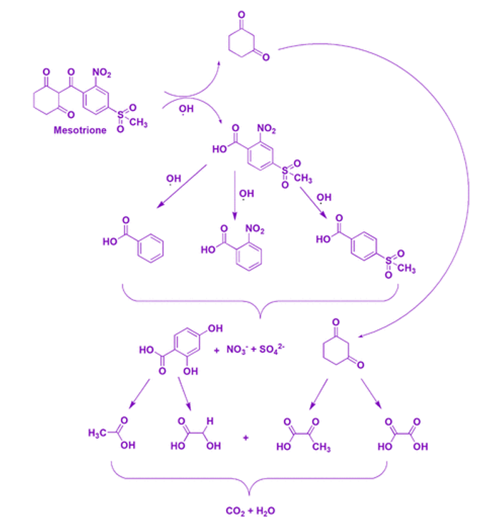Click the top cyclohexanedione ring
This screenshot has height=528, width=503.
point(246,44)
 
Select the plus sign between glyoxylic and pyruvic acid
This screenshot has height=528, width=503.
point(245,436)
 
